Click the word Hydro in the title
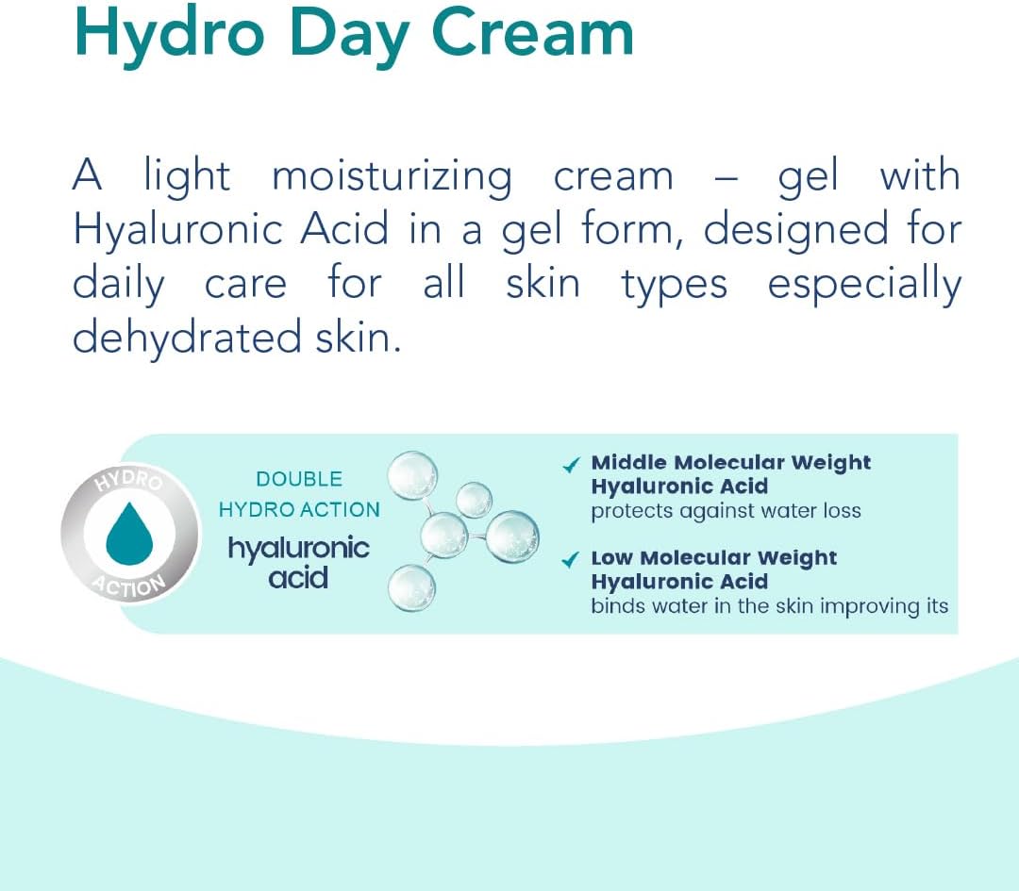pos(170,35)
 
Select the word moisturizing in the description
pos(393,177)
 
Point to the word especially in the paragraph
pos(864,286)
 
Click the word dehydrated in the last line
pos(187,338)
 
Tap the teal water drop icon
pos(129,533)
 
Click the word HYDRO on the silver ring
pos(128,480)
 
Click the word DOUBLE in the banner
pos(299,479)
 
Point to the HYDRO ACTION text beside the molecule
pos(299,510)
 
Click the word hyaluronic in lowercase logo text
pos(298,550)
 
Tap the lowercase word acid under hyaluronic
pos(298,577)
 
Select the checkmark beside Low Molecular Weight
pos(570,559)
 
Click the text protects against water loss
pos(726,512)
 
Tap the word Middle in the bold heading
pos(629,462)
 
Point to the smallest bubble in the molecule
pos(474,500)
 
